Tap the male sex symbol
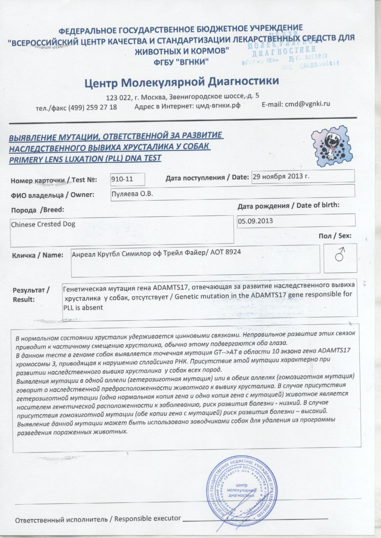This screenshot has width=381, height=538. [x=340, y=255]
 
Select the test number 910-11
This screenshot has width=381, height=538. [x=122, y=179]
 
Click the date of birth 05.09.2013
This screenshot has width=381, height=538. [x=255, y=221]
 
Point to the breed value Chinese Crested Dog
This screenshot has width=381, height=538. [x=43, y=224]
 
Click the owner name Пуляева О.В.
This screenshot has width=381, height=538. [x=132, y=194]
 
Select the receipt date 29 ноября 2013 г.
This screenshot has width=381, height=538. [x=281, y=176]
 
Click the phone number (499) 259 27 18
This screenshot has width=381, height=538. [x=92, y=107]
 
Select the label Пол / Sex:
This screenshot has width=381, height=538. [x=335, y=236]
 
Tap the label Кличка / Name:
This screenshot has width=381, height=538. [x=38, y=255]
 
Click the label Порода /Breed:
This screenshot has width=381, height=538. [x=38, y=210]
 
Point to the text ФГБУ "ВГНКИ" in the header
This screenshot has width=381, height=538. [x=181, y=62]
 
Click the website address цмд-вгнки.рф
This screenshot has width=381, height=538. [x=218, y=106]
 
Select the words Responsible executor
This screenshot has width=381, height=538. [x=147, y=518]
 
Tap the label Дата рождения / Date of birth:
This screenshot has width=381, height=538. [x=288, y=205]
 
